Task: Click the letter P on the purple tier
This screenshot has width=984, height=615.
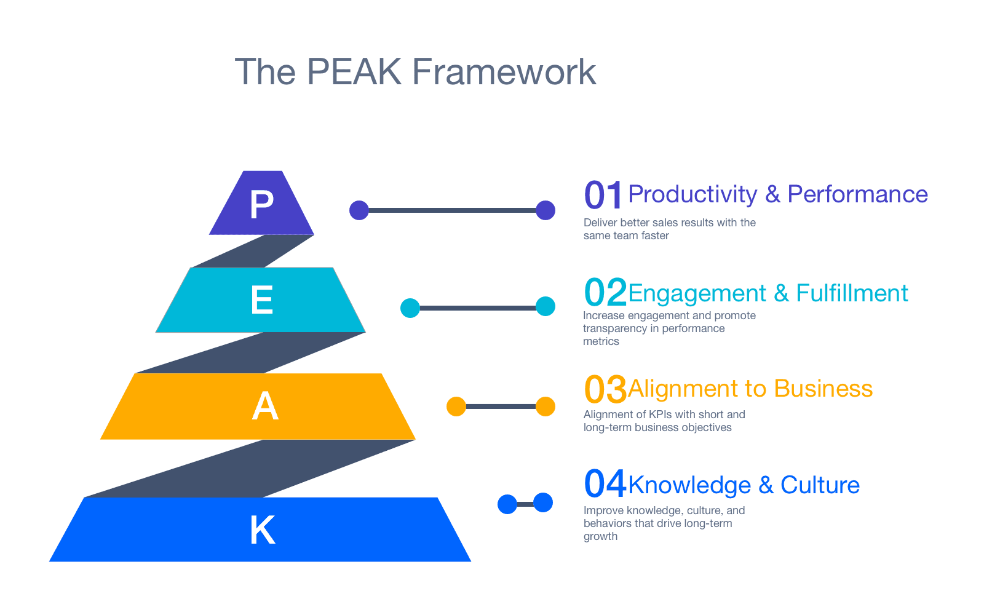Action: tap(261, 204)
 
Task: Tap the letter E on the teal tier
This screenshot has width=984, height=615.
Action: tap(262, 301)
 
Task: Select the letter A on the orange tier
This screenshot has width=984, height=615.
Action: tap(265, 407)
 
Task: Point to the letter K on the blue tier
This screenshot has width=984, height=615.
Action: tap(263, 530)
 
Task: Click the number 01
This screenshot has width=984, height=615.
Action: tap(603, 196)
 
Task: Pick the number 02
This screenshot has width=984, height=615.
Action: tap(605, 292)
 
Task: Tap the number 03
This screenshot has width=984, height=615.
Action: tap(605, 389)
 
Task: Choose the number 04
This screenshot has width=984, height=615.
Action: tap(605, 484)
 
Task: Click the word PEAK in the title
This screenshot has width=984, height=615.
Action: tap(354, 72)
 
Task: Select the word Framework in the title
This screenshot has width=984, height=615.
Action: tap(504, 72)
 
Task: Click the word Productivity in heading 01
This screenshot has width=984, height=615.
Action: tap(692, 195)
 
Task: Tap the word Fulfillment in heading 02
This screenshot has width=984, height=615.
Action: tap(852, 293)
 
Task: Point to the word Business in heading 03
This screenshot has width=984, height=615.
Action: tap(823, 389)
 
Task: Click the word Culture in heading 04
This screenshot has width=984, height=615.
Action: tap(820, 485)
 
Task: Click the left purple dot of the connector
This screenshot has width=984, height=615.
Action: tap(359, 210)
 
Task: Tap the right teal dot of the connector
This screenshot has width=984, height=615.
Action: tap(546, 306)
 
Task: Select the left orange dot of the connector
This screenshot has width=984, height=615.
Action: tap(456, 407)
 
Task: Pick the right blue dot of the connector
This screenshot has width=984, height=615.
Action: tap(543, 502)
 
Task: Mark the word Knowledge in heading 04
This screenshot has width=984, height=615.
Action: tap(689, 485)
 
